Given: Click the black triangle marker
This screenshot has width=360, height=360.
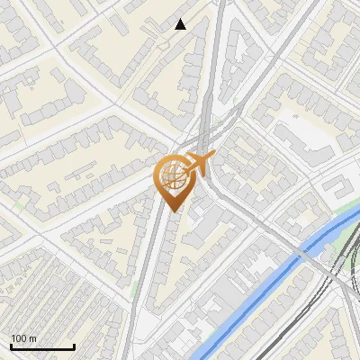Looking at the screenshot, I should pos(181,24).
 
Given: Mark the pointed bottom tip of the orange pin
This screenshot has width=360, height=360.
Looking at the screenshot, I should pos(173,211).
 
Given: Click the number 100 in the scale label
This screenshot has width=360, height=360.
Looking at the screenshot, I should pos(20,338).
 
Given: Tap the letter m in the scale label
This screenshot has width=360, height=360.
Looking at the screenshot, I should pos(32,338).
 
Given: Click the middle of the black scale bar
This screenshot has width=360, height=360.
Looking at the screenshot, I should pos(42,346).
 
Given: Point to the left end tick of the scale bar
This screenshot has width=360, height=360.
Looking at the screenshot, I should pos(11,345).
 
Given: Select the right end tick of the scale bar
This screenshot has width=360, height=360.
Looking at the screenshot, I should pos(74,345).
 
